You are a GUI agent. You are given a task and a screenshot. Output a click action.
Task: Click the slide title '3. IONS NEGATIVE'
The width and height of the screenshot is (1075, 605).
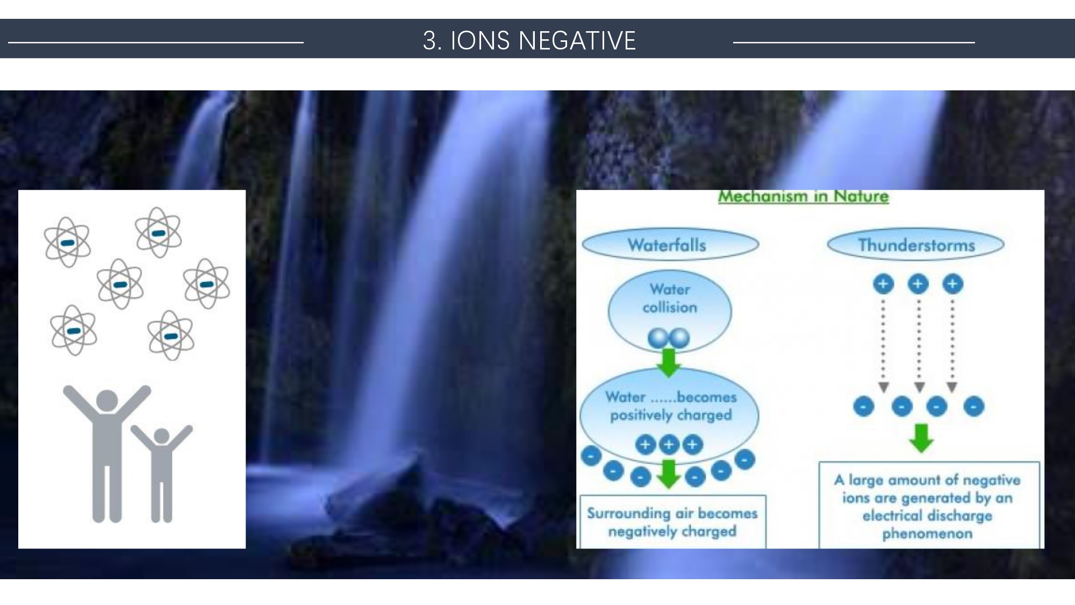(x=529, y=40)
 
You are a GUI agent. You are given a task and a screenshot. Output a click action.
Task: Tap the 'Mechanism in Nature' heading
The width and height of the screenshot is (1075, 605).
(x=804, y=196)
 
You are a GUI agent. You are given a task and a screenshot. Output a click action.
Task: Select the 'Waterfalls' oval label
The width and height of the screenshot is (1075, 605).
(x=670, y=245)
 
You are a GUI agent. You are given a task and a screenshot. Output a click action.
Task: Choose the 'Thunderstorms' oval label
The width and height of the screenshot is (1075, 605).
(x=916, y=245)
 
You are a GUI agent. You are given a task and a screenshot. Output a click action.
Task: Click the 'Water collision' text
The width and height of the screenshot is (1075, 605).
(x=670, y=298)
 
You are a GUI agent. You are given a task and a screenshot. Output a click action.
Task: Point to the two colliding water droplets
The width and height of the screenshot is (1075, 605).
(x=669, y=338)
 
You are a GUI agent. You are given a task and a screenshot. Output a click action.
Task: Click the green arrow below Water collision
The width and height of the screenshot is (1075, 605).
(x=669, y=362)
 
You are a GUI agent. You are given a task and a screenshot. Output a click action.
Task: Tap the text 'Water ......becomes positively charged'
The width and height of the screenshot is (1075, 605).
(x=671, y=406)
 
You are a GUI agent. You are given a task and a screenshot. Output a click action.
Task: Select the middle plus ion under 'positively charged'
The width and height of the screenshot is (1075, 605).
(x=669, y=445)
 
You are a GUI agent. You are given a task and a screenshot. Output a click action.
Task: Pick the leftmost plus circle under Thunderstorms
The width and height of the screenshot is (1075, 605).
(x=883, y=284)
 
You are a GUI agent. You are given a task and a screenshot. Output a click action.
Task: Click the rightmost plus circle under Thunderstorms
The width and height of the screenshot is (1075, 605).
(x=952, y=284)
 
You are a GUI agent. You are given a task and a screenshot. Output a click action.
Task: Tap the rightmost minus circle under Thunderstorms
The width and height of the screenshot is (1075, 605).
(x=974, y=407)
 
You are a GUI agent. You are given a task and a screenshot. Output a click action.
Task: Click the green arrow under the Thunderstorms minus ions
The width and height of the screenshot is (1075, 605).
(x=921, y=438)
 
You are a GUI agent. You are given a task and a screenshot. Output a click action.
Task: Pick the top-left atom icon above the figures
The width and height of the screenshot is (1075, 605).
(x=67, y=243)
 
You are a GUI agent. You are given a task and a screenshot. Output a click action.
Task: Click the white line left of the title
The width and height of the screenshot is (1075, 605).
(x=156, y=42)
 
